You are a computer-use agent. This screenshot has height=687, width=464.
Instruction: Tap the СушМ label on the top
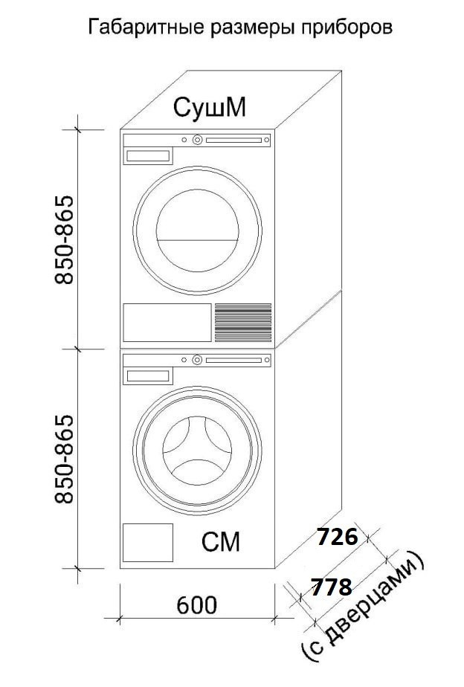point(210,108)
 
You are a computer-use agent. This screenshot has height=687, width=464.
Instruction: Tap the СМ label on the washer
point(221,543)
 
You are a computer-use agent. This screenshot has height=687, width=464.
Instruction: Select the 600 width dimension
point(196,605)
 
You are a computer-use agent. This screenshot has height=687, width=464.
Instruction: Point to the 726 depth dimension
point(338,537)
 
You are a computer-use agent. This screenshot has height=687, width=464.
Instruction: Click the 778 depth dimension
point(331,587)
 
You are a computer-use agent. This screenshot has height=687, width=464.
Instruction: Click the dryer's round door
point(197,227)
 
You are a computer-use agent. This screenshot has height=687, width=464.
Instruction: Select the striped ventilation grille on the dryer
point(243,322)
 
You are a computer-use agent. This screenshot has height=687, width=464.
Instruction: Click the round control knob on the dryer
point(197,139)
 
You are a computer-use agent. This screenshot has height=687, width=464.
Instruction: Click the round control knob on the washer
point(197,360)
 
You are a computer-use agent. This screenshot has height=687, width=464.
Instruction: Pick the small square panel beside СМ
point(148,543)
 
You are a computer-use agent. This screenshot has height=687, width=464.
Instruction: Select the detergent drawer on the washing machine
point(148,376)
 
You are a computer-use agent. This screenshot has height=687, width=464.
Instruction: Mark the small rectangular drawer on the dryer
point(148,156)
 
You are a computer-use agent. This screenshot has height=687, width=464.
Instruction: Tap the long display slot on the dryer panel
point(234,139)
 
